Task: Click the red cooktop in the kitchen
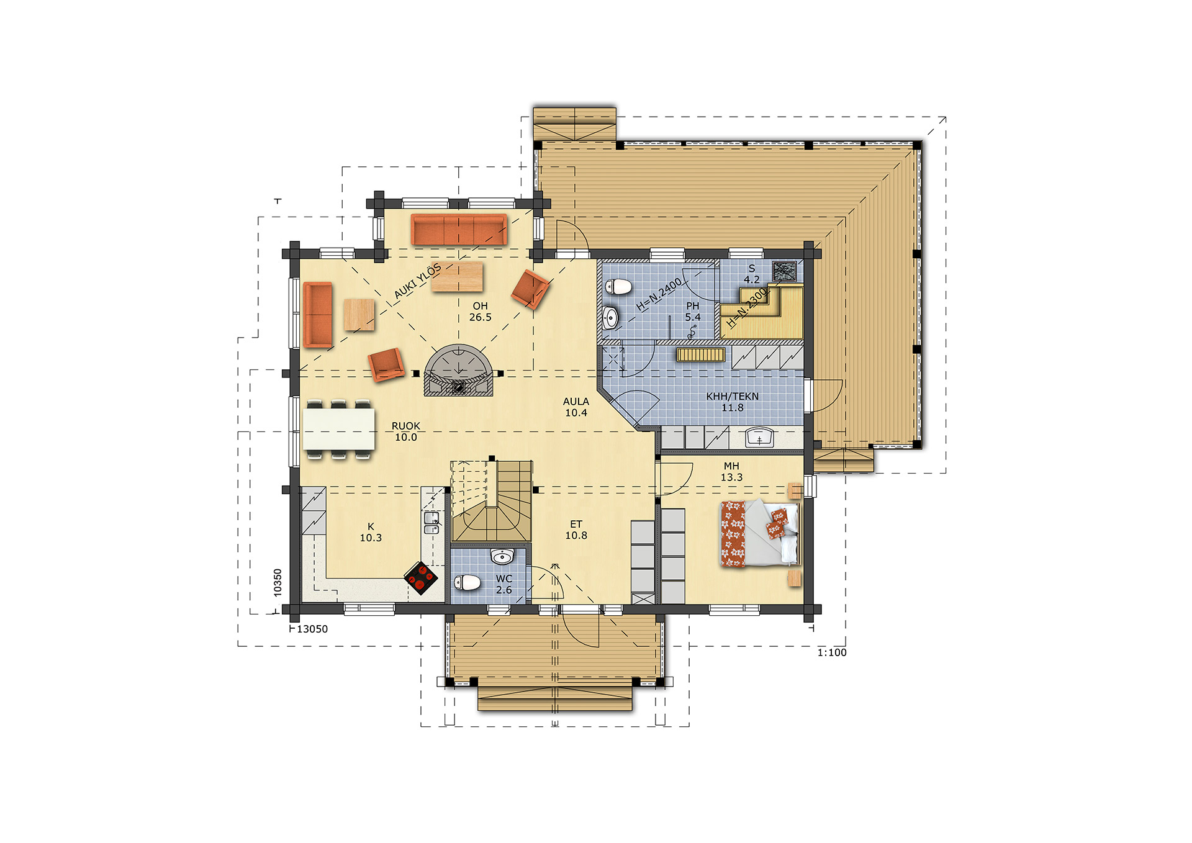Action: point(421,578)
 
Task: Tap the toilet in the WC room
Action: point(467,582)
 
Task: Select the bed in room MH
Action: point(759,533)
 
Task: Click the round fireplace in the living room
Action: point(458,370)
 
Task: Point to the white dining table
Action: point(339,428)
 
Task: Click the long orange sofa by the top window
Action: point(459,230)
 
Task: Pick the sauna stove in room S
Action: point(785,271)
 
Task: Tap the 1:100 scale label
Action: point(832,652)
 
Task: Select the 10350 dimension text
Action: point(278,583)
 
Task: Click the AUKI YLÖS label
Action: point(417,281)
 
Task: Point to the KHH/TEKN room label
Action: point(733,396)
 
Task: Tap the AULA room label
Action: point(576,402)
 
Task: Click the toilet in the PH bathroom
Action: point(618,287)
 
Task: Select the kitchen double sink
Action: point(431,522)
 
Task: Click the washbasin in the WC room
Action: point(502,556)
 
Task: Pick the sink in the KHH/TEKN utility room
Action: point(759,437)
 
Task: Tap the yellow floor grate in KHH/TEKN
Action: point(700,354)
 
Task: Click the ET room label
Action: point(576,525)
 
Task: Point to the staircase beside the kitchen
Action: point(492,501)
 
